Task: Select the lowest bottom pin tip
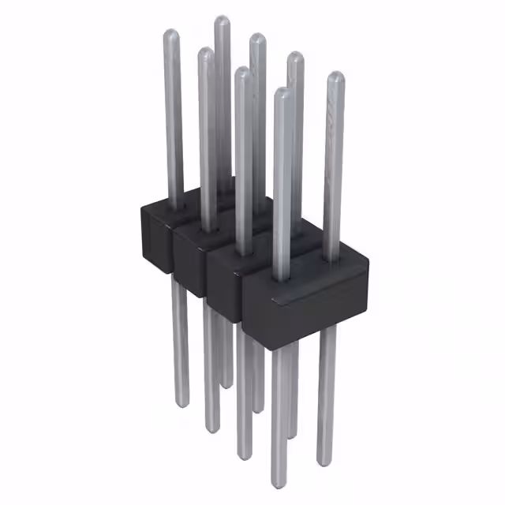[279, 484]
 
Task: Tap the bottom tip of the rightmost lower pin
[324, 461]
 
